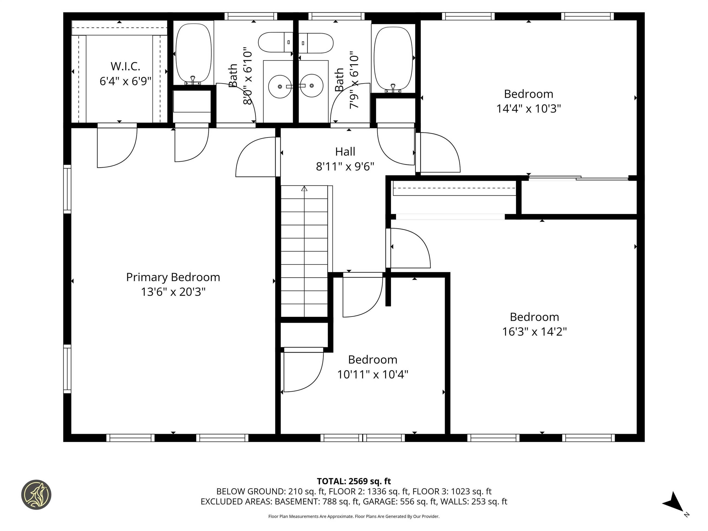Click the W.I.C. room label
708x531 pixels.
pyautogui.click(x=125, y=66)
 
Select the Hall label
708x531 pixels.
pyautogui.click(x=345, y=151)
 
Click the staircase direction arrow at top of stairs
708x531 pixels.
pyautogui.click(x=304, y=189)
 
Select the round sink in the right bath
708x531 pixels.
pyautogui.click(x=311, y=86)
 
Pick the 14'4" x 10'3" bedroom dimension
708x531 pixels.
pyautogui.click(x=528, y=109)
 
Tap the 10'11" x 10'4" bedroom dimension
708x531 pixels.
pyautogui.click(x=373, y=374)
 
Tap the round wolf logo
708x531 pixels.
pyautogui.click(x=36, y=495)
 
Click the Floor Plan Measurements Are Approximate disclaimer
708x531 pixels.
pyautogui.click(x=354, y=516)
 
